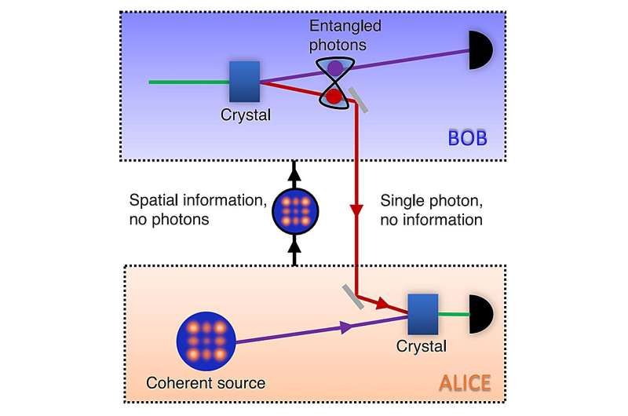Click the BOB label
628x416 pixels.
click(x=469, y=139)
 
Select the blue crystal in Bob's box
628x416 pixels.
click(x=244, y=81)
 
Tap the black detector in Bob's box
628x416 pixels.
click(x=480, y=49)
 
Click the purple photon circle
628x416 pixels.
click(x=335, y=69)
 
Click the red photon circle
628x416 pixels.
click(x=334, y=97)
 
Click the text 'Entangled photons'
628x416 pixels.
click(x=336, y=35)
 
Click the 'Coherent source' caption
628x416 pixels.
click(x=206, y=383)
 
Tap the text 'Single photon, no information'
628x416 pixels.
click(x=431, y=210)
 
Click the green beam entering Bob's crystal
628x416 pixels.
click(x=188, y=81)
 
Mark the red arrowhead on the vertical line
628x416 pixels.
click(x=357, y=211)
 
